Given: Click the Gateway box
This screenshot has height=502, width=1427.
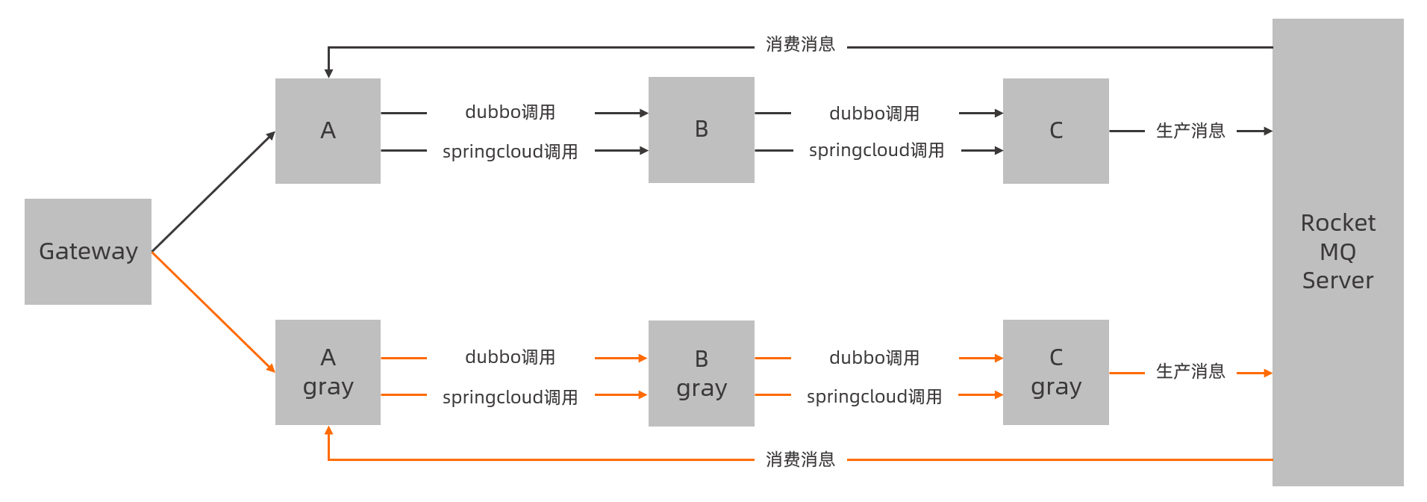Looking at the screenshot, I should coord(88,251).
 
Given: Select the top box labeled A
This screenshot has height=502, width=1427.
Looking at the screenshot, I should coord(328,131).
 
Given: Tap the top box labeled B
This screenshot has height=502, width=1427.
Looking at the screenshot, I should coord(701,130).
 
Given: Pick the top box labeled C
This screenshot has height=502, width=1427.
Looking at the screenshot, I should coord(1055,131).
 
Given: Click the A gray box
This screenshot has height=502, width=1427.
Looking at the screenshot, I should coord(328,372).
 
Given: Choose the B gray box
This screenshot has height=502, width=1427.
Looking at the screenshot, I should coord(701,374).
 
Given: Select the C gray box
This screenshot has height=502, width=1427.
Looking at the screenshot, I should coord(1055,372).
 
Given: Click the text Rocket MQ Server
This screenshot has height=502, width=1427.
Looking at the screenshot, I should coord(1337,252).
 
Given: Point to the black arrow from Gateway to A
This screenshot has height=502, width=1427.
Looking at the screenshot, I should coord(213,192).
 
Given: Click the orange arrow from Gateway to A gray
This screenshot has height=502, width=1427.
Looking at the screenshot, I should coord(213,312).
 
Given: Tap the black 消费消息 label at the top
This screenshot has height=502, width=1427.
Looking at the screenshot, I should coord(800,45).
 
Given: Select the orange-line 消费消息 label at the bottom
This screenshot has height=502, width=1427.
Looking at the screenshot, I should coord(800,459).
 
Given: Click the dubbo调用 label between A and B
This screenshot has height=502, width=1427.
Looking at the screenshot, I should coord(510,112).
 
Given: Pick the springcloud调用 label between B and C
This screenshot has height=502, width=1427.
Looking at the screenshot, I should coord(876,151).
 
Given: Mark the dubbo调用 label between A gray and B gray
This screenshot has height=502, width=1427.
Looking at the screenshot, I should coord(510,357).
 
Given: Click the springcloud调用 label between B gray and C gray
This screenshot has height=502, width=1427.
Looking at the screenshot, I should coord(874,397).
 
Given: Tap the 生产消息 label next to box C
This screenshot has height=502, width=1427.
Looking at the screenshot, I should coord(1190,131).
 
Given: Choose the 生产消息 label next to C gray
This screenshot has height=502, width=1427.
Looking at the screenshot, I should coord(1190,371).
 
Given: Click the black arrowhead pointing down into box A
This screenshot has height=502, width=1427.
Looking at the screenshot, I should coord(328,73).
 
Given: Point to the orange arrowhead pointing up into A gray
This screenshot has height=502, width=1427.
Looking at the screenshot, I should coord(328,431).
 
